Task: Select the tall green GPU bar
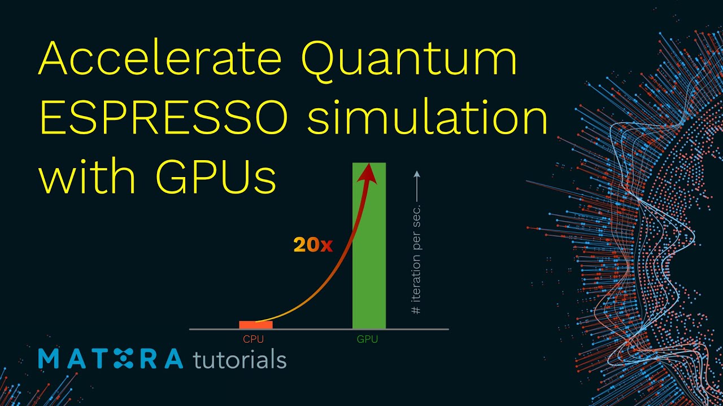pos(369,254)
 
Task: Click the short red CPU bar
pos(256,325)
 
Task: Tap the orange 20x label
pos(313,245)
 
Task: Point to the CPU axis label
pos(254,340)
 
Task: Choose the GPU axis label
pos(367,340)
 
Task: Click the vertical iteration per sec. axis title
pos(416,259)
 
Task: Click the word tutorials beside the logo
pos(239,359)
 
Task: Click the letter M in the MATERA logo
pos(51,359)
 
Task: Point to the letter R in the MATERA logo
pos(148,359)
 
